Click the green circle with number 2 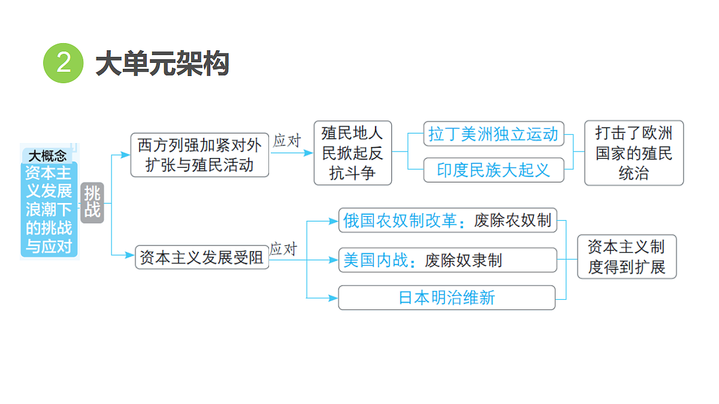click(x=64, y=63)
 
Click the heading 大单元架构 click(x=162, y=63)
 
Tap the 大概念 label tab click(x=47, y=156)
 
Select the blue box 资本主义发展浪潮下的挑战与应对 click(x=49, y=209)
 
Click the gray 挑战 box click(x=92, y=203)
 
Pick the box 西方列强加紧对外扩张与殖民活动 click(x=200, y=155)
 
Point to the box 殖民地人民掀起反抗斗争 click(x=353, y=153)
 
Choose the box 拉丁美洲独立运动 click(x=494, y=133)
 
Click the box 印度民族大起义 click(x=494, y=170)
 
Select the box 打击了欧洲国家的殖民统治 click(x=634, y=153)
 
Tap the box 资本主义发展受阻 click(x=202, y=257)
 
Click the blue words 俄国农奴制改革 click(x=400, y=221)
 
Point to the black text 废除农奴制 click(x=513, y=221)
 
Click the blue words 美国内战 click(x=376, y=260)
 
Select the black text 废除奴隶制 click(x=463, y=260)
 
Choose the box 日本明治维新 click(x=447, y=297)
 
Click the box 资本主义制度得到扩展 click(x=627, y=257)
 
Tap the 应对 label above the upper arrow click(x=287, y=141)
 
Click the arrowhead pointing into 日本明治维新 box click(x=333, y=298)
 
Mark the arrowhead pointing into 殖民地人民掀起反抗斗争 click(x=309, y=153)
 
